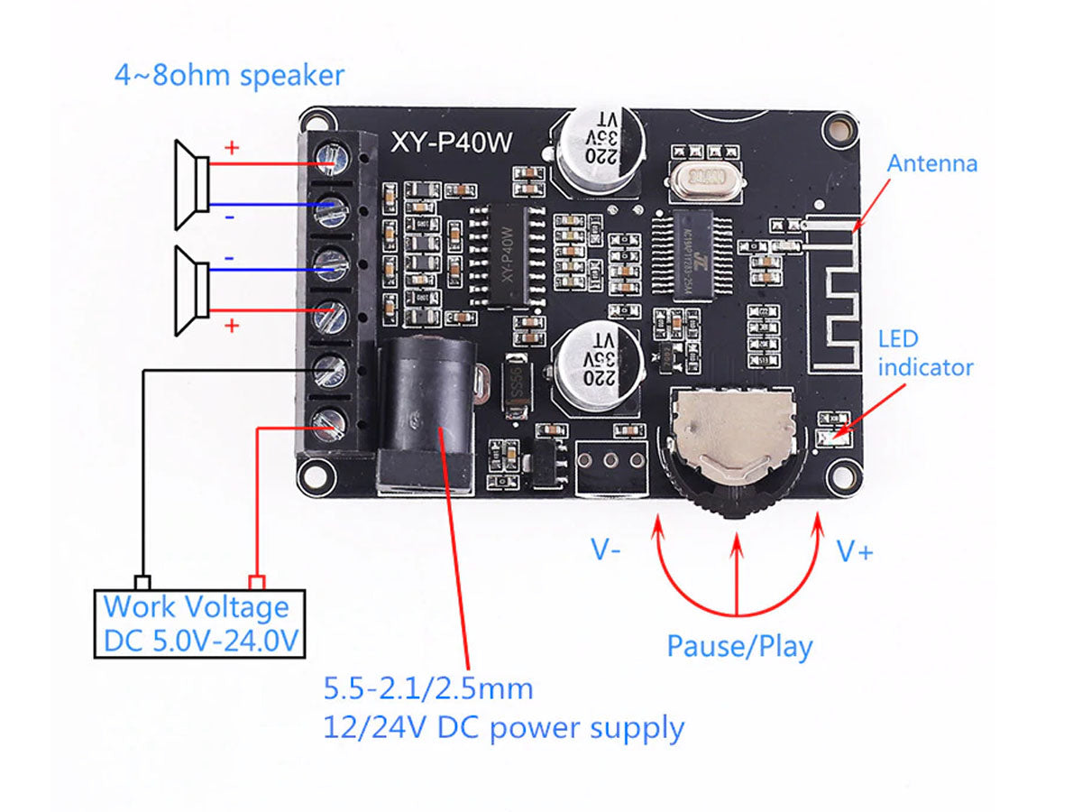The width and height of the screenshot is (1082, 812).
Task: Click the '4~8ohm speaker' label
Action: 229,75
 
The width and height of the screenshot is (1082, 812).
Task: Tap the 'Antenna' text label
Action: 931,163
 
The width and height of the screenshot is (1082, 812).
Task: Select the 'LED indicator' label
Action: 925,354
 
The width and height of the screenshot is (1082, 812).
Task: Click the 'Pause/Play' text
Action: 739,646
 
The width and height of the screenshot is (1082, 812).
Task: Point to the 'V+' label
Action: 854,551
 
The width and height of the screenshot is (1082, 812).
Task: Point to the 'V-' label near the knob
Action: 605,549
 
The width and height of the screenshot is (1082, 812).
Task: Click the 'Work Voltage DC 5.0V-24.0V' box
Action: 200,623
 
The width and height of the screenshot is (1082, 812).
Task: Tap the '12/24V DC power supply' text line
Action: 503,727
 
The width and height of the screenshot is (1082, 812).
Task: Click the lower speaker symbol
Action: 192,291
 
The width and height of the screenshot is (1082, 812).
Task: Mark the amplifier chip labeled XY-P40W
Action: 509,254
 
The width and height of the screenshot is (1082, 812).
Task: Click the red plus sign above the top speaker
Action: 232,148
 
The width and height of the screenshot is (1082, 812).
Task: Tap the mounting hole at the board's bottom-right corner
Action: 844,475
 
